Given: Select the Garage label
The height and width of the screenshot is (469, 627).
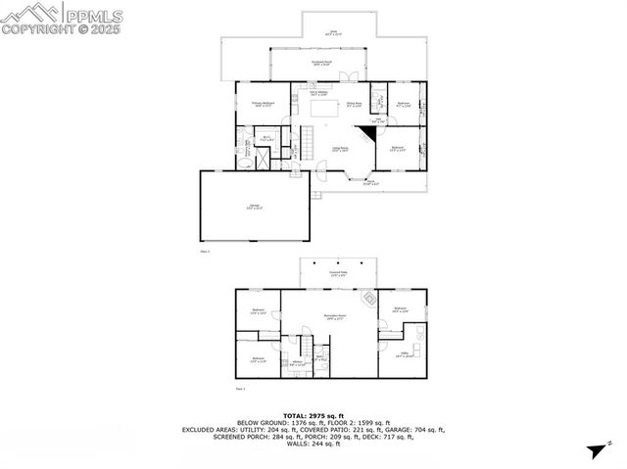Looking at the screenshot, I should [x=253, y=206].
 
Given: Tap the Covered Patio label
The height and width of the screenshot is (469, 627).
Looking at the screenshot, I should [x=338, y=274].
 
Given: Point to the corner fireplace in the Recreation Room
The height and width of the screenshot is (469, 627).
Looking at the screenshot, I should [x=369, y=297].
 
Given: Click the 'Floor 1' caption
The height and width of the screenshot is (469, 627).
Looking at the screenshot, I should [x=240, y=390].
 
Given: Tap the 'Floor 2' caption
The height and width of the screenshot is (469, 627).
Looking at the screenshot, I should [x=205, y=252].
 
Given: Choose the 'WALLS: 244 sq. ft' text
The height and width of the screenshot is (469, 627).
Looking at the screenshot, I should [x=323, y=445].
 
